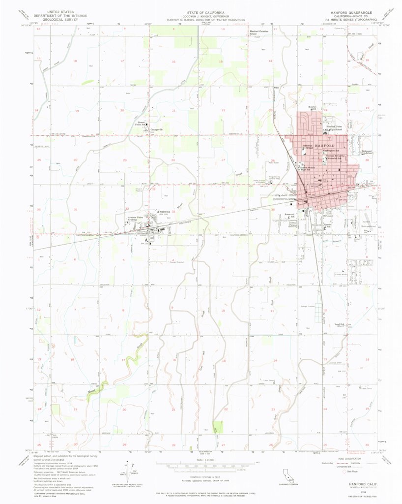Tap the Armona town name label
pos(163,212)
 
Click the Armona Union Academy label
pos(135,219)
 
